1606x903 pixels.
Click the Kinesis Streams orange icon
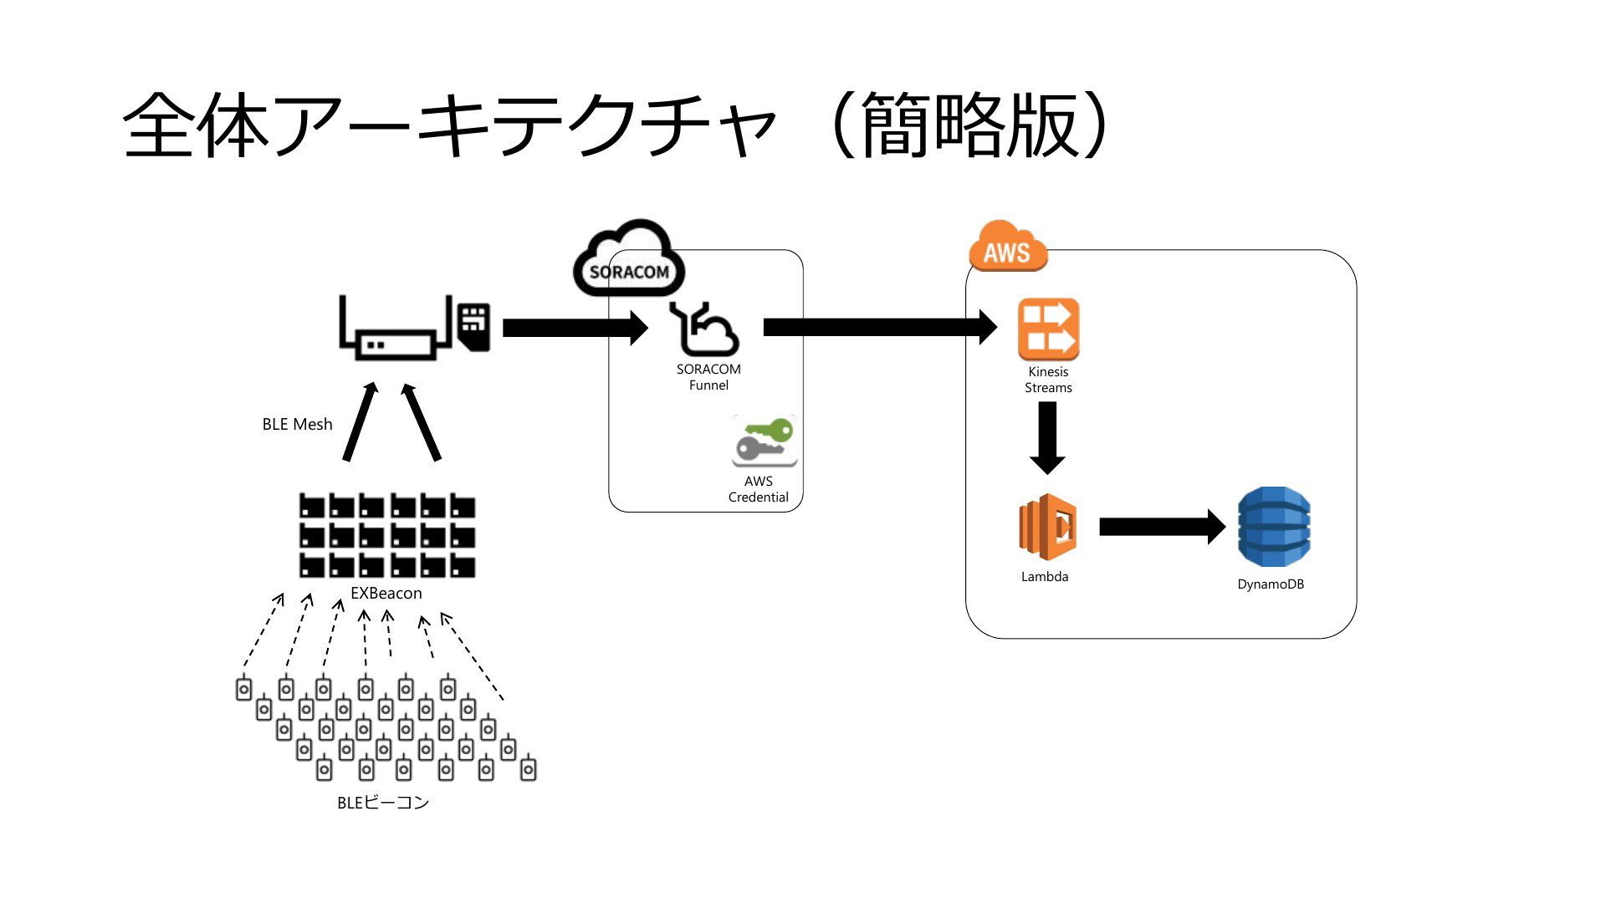point(1048,329)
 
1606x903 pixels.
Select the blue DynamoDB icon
point(1273,527)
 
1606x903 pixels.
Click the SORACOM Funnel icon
point(703,329)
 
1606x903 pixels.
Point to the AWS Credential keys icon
point(765,441)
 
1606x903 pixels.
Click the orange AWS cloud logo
point(1007,247)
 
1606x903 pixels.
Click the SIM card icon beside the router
point(474,326)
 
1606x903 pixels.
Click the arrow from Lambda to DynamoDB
point(1162,527)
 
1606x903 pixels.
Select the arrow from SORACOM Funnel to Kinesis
point(880,327)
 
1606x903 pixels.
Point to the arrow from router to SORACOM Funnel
point(575,327)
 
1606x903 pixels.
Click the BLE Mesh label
point(297,424)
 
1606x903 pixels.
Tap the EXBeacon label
point(386,593)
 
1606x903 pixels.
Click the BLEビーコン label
point(382,803)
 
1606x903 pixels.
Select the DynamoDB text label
point(1271,584)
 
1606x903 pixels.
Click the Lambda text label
point(1045,576)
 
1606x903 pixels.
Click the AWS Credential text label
point(759,489)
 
